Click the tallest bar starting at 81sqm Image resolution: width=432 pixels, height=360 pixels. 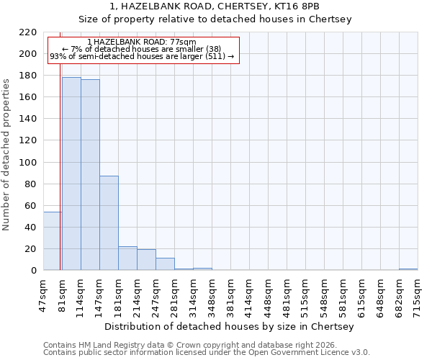point(71,174)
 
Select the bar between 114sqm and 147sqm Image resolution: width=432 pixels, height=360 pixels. point(90,175)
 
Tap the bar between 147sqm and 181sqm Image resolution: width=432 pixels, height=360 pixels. point(109,223)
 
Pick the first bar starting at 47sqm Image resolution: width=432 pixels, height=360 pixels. point(53,241)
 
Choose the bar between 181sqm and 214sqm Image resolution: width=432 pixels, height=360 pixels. point(127,258)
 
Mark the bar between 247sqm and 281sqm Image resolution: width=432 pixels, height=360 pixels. point(165,264)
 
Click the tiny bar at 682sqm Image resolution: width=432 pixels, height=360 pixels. point(408,269)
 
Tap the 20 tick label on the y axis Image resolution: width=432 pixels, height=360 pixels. point(31,249)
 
